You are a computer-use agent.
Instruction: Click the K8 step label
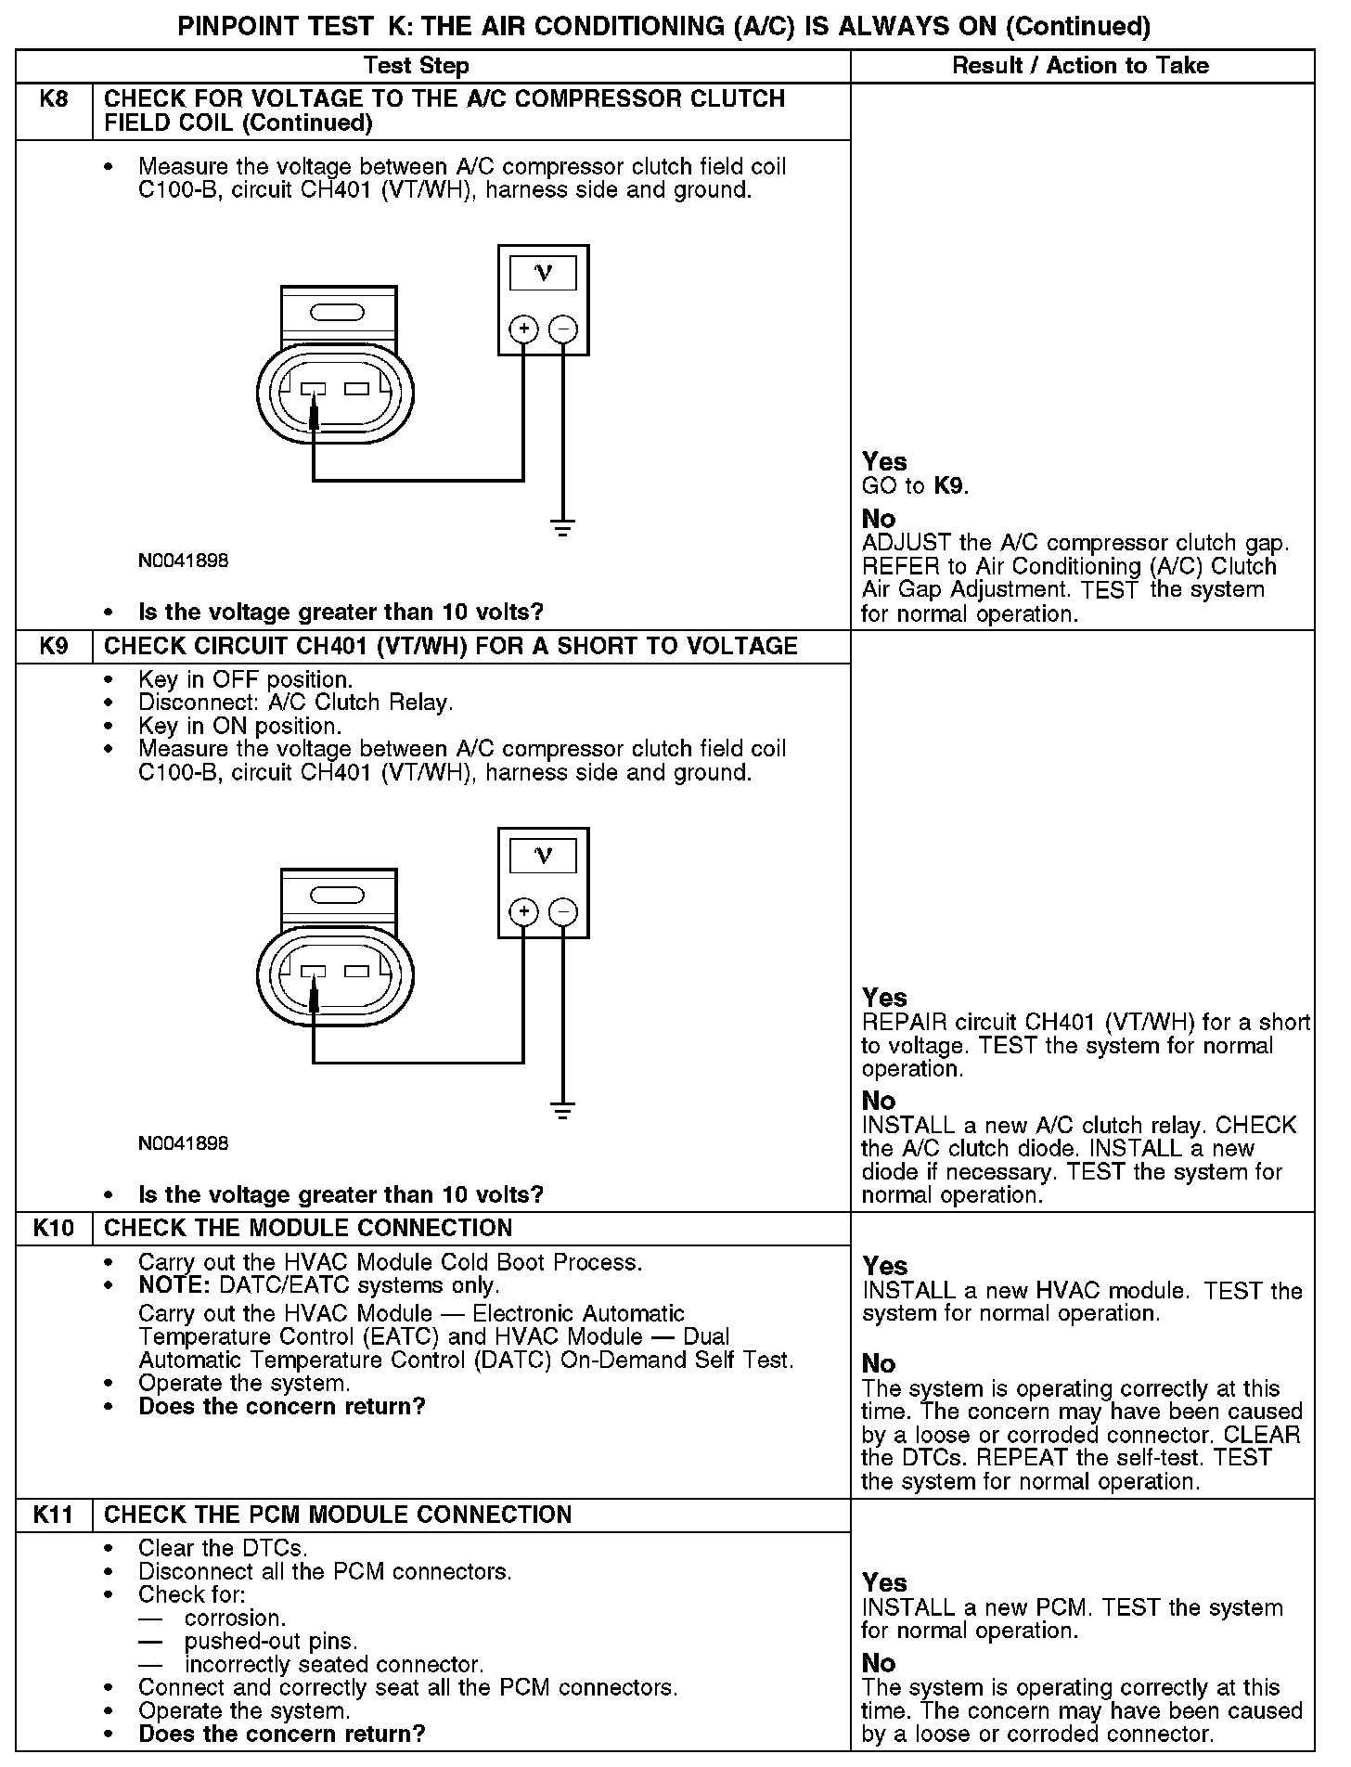(x=55, y=98)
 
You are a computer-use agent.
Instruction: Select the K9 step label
(x=55, y=646)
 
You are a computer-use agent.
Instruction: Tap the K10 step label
(x=54, y=1228)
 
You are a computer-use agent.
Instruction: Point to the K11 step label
(x=54, y=1515)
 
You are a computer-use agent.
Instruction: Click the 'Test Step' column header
(x=416, y=66)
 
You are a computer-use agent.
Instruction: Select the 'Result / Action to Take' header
(x=1081, y=66)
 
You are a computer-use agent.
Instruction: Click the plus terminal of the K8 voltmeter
(x=524, y=329)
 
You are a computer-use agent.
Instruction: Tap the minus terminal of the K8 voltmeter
(x=563, y=329)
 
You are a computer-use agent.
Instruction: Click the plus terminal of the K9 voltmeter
(x=524, y=911)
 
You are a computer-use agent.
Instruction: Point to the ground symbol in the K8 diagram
(x=562, y=528)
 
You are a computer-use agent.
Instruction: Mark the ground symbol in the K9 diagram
(x=562, y=1110)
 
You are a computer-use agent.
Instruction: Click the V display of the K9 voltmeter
(x=544, y=855)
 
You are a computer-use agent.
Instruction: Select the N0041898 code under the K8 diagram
(x=183, y=561)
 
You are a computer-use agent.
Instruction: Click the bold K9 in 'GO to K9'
(x=949, y=485)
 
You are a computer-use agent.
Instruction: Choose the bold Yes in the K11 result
(x=884, y=1582)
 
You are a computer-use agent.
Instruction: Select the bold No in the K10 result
(x=879, y=1363)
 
